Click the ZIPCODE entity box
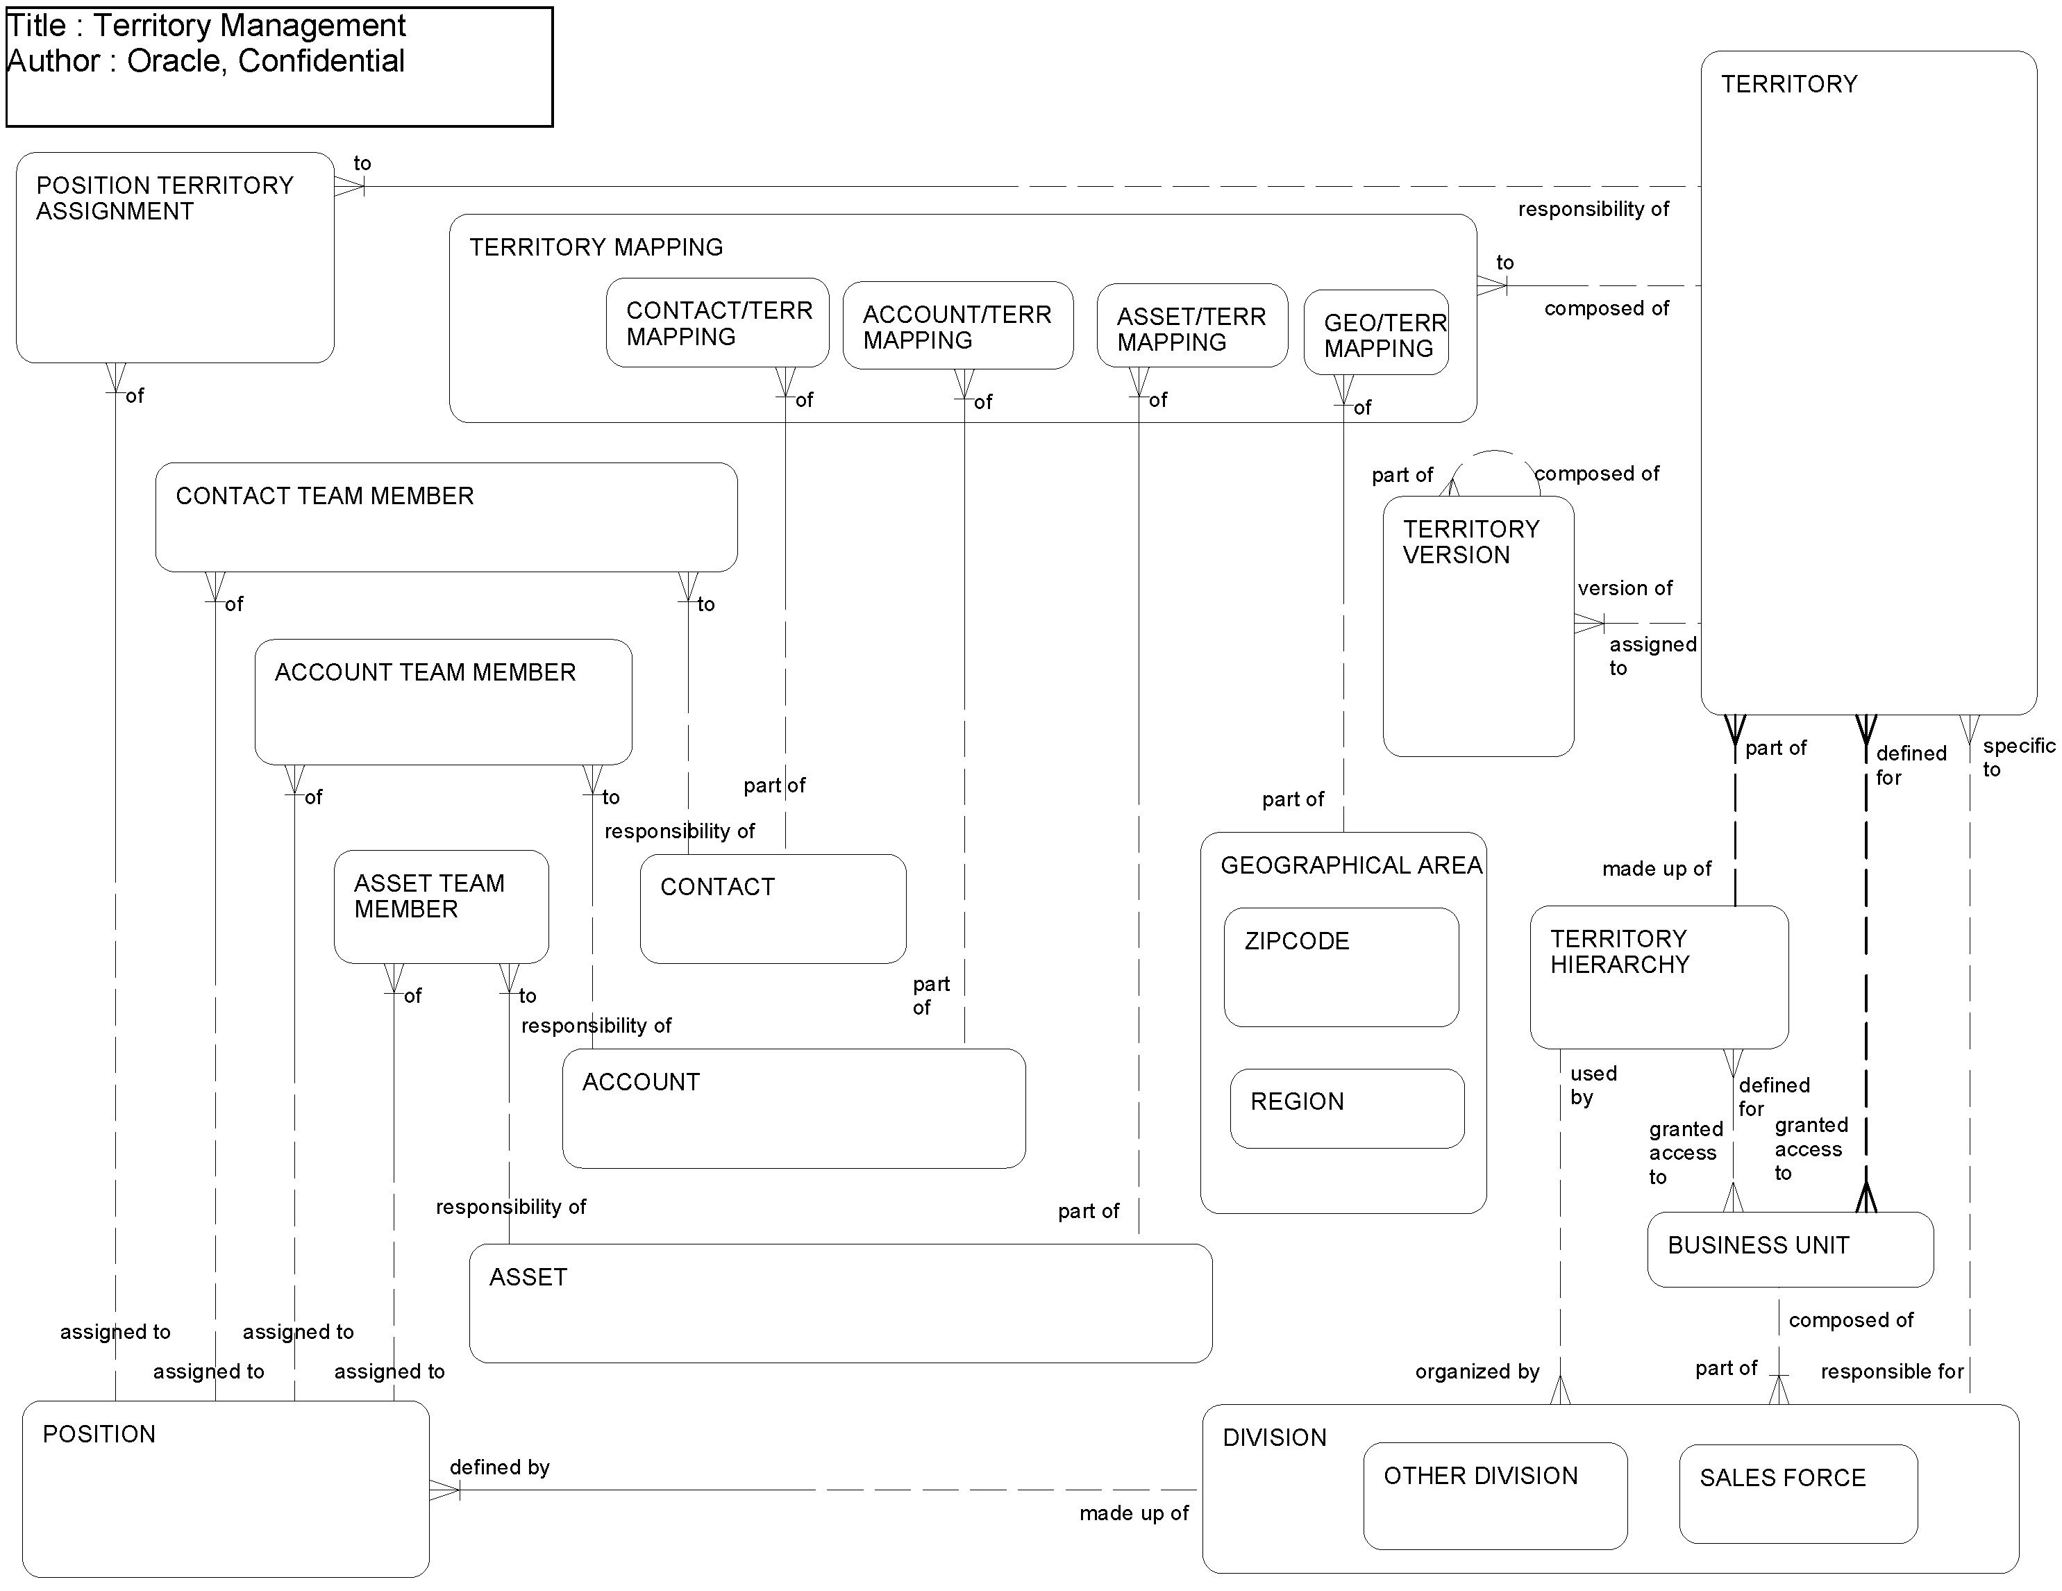1341,968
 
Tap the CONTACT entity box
772,908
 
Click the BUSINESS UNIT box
1789,1249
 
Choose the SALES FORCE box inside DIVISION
1797,1494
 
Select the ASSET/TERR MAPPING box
1191,326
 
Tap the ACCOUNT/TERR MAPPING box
957,326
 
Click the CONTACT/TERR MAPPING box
718,323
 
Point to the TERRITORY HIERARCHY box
1658,977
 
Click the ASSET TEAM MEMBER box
441,906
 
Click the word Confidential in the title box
321,61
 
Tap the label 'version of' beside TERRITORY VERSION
1624,588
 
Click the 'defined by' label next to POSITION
499,1467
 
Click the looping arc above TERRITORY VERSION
1495,454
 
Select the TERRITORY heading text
1788,84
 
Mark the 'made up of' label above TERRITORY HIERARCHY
1656,869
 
